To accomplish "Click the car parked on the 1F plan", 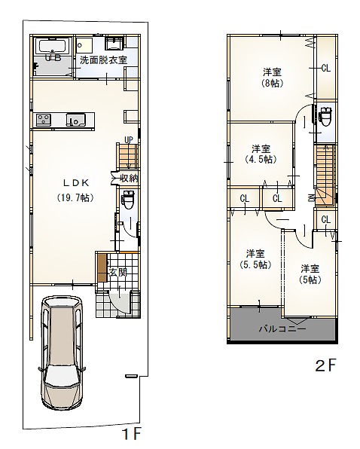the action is [x=62, y=353].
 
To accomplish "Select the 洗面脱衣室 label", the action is [x=103, y=60].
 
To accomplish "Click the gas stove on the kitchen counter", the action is [x=44, y=120].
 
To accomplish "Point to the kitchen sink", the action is [x=76, y=120].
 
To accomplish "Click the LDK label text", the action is [x=76, y=182].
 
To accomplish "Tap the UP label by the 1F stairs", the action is [x=129, y=139].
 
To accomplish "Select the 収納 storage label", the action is [x=129, y=179].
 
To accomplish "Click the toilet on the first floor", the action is [x=128, y=200].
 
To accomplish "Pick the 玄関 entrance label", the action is [x=118, y=272].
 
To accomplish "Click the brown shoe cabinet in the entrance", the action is [x=102, y=267].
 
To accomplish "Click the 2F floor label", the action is [x=325, y=365].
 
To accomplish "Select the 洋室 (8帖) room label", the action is [x=272, y=78].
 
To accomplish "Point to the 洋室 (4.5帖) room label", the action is [x=261, y=154].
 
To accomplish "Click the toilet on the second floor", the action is [x=325, y=116].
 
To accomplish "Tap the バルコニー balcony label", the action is [x=282, y=328].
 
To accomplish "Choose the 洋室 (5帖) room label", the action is [x=310, y=274].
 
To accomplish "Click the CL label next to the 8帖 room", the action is [x=326, y=68].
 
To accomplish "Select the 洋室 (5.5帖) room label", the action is [x=255, y=259].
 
